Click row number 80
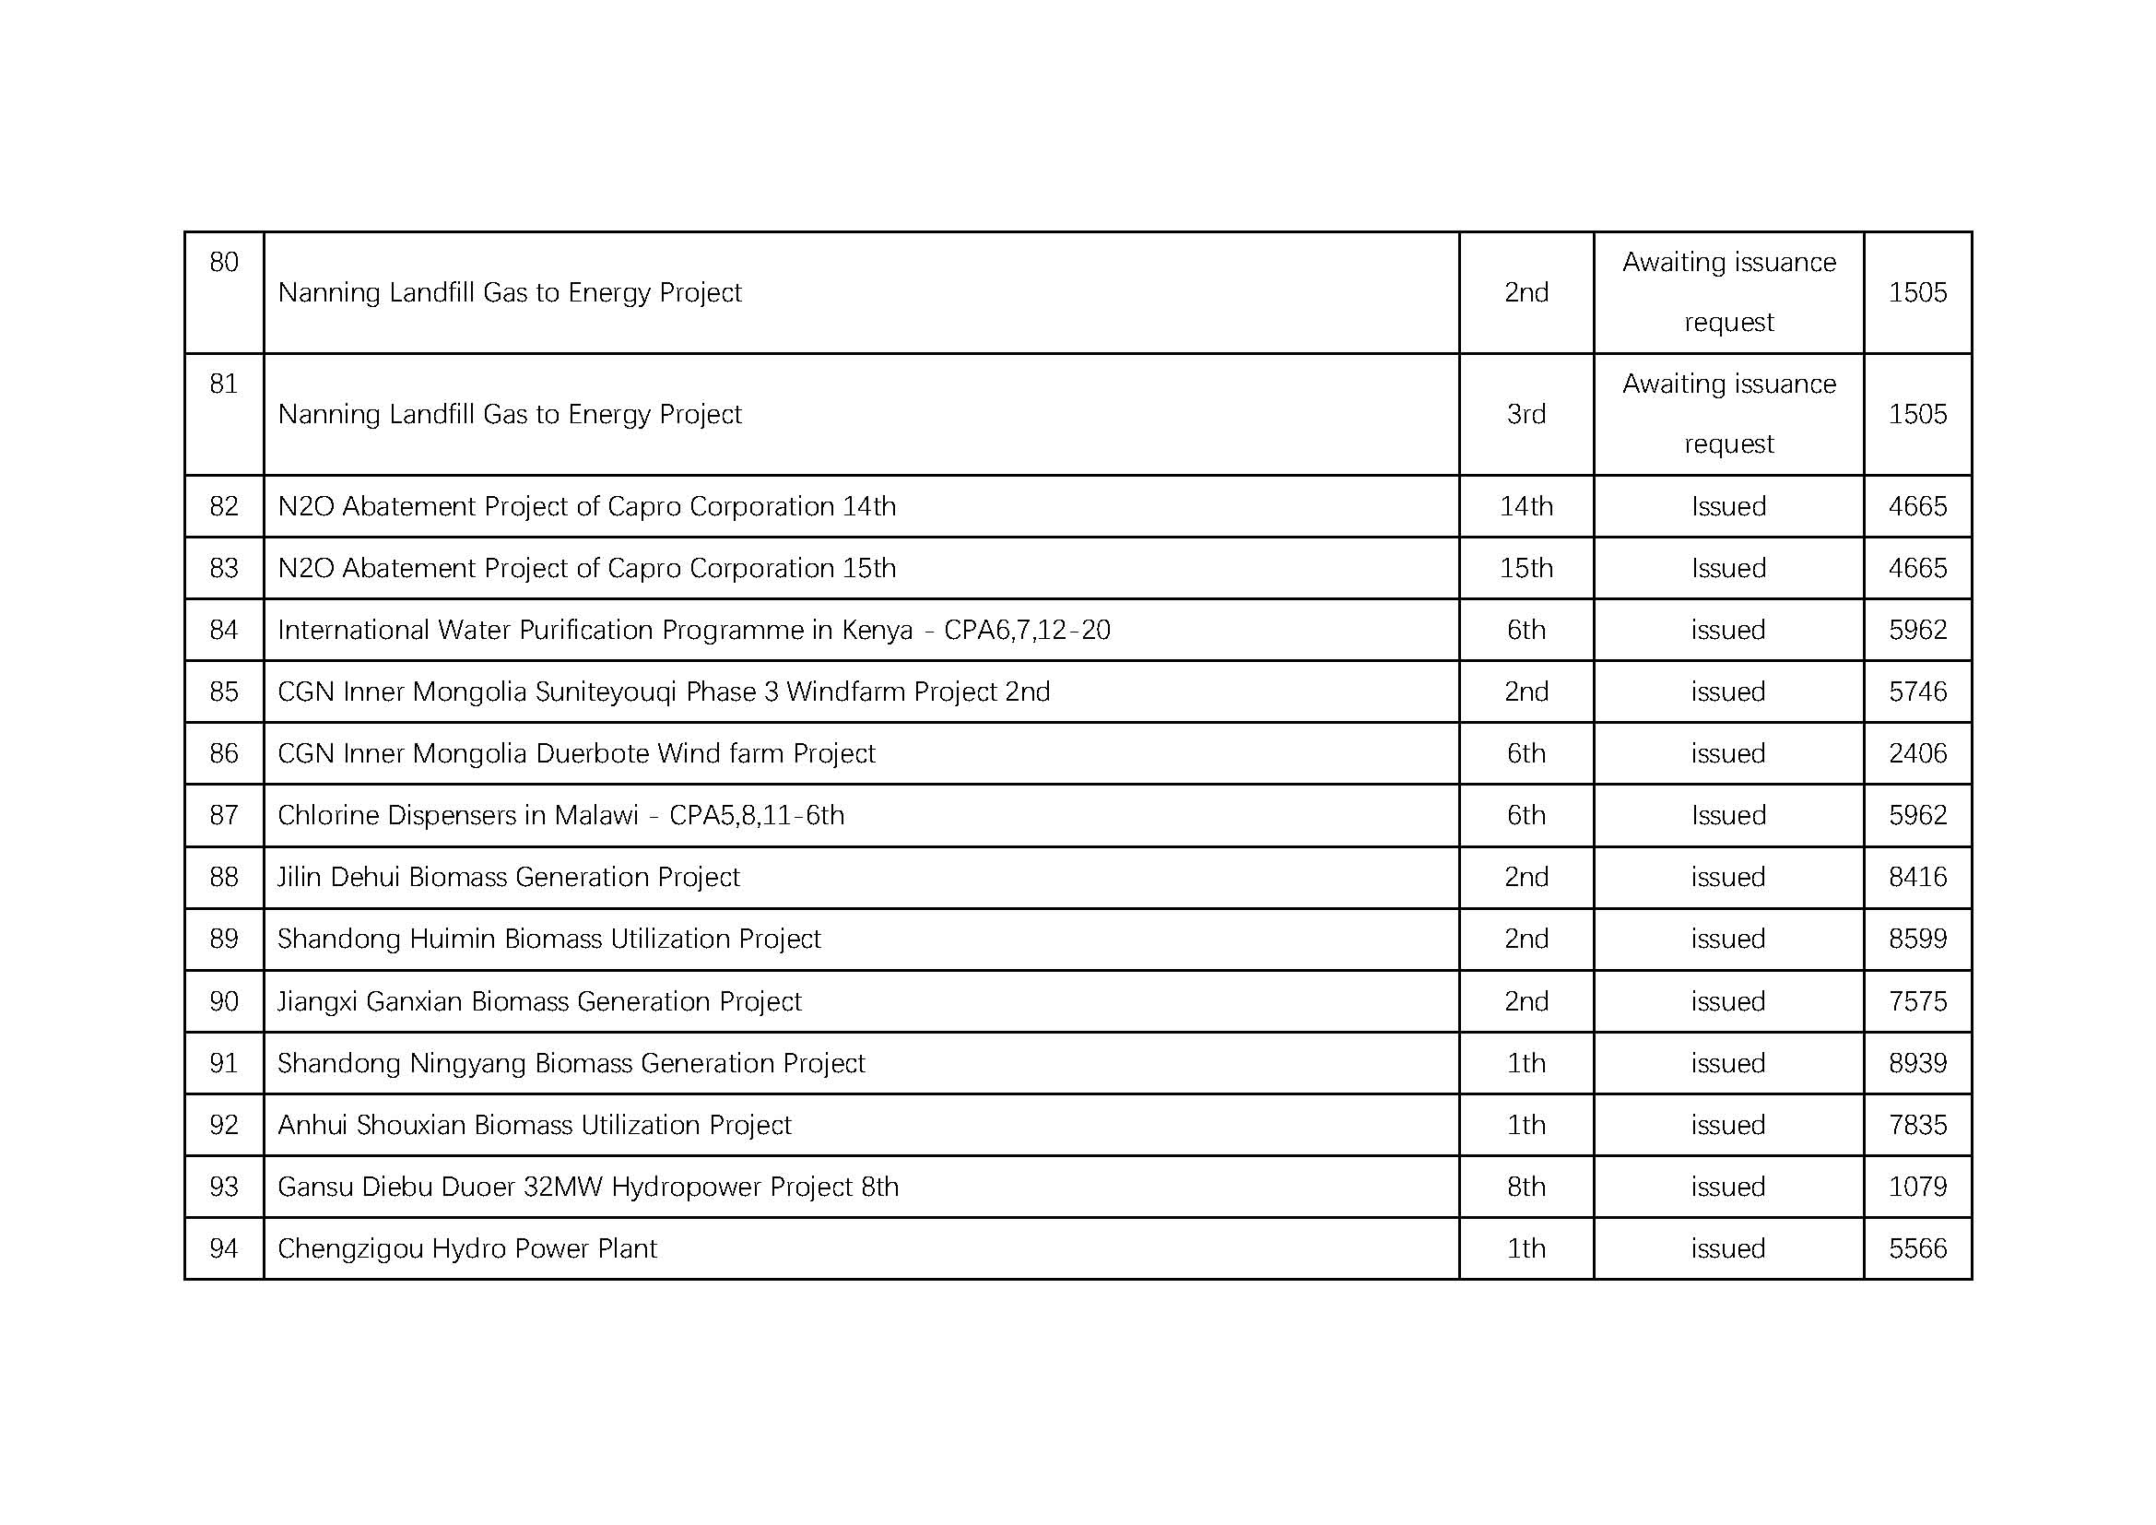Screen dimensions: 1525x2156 (x=223, y=262)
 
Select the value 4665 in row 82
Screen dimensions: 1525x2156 (x=1917, y=506)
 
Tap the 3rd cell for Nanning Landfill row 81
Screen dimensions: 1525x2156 (x=1526, y=414)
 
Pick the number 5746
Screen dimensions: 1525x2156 (x=1917, y=692)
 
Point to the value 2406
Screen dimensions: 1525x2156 (x=1917, y=753)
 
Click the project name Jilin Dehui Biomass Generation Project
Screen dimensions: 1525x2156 (x=508, y=877)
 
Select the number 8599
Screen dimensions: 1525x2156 (x=1917, y=939)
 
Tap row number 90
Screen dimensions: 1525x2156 (x=223, y=1001)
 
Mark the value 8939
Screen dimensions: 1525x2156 (x=1917, y=1063)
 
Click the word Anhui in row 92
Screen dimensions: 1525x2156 (x=312, y=1125)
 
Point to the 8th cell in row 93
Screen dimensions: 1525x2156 (x=1526, y=1187)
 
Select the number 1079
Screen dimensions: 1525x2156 (x=1917, y=1187)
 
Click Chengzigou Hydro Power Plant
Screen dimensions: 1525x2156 (x=466, y=1249)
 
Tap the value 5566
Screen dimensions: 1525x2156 (x=1917, y=1249)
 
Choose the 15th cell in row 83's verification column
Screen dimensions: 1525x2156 (x=1526, y=568)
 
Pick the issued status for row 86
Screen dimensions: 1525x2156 (x=1727, y=753)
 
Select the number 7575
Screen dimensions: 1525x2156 (x=1917, y=1001)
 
